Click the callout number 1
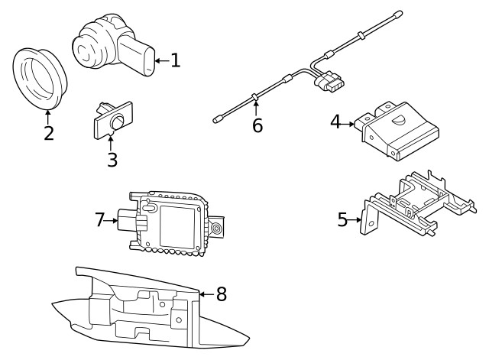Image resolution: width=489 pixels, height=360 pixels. pyautogui.click(x=175, y=60)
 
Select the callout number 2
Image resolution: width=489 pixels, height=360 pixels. pyautogui.click(x=48, y=133)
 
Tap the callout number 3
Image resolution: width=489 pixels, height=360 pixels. pyautogui.click(x=112, y=160)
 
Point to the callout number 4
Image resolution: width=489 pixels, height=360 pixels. pyautogui.click(x=335, y=122)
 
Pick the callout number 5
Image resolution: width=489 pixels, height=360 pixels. pyautogui.click(x=342, y=220)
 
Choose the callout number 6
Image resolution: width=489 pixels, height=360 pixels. pyautogui.click(x=257, y=125)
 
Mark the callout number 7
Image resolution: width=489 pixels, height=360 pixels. pyautogui.click(x=100, y=219)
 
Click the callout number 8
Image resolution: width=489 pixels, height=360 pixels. pyautogui.click(x=222, y=293)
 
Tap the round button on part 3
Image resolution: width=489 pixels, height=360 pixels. pyautogui.click(x=118, y=123)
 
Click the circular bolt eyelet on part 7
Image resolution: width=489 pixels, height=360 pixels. pyautogui.click(x=218, y=229)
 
